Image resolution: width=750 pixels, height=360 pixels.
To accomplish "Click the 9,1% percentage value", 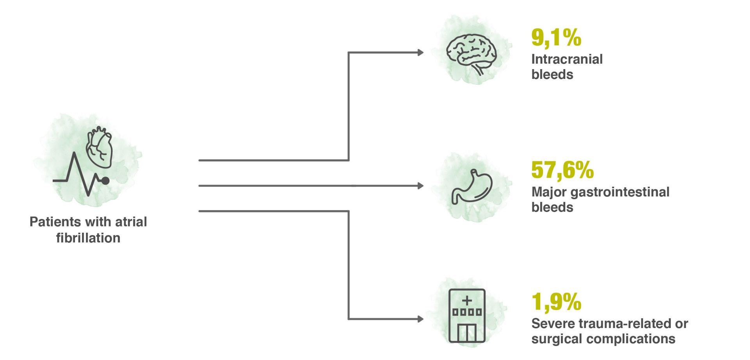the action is click(556, 38).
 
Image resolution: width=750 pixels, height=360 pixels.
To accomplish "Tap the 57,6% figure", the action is click(562, 170).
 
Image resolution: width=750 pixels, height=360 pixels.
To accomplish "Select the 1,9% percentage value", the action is click(556, 302).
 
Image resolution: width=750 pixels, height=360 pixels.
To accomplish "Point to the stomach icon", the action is click(472, 187).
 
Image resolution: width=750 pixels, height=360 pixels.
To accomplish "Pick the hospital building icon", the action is click(467, 316).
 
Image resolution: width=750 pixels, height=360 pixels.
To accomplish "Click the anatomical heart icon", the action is click(99, 148).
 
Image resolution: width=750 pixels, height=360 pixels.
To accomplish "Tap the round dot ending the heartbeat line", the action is click(105, 180).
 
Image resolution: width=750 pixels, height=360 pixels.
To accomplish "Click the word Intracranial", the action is click(567, 59).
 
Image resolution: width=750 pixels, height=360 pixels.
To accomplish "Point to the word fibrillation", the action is click(88, 238).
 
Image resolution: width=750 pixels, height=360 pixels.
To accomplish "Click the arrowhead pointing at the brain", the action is click(421, 52).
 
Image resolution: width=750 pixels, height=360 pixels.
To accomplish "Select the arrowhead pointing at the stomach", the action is click(421, 186).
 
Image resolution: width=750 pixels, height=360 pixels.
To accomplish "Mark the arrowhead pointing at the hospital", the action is click(421, 319).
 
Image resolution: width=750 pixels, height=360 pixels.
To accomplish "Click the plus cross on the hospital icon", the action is click(467, 301).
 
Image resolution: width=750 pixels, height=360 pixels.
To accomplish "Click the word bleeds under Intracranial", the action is click(552, 75).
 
